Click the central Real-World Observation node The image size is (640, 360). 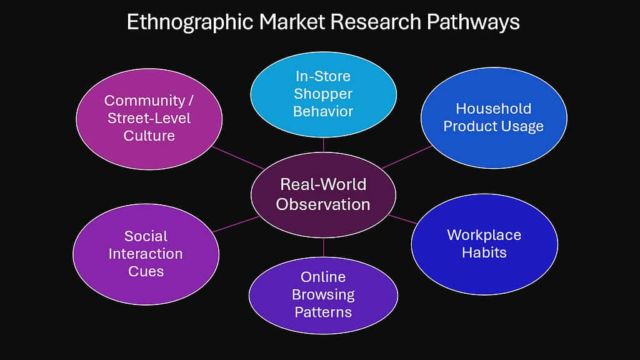coord(323,194)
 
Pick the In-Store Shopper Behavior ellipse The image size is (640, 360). coord(323,94)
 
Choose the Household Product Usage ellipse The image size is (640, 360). coord(494,117)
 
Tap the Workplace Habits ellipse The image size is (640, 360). coord(484,244)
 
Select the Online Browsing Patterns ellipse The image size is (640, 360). coord(323,294)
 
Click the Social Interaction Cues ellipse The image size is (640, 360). coord(146,253)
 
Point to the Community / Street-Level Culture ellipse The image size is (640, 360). coord(149,118)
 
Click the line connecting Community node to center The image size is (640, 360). coord(237,157)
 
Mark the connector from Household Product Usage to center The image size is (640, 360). coord(407,157)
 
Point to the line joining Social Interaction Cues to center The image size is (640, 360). coord(236,224)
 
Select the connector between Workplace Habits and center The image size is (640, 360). coord(403,219)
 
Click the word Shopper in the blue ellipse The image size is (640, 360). coord(323,94)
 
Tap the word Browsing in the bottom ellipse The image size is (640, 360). coord(323,294)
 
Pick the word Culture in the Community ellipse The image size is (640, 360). coord(148,135)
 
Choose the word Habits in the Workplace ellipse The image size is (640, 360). coord(484,252)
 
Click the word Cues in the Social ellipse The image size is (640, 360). coord(146,271)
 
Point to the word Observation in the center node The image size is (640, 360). coord(323,204)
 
